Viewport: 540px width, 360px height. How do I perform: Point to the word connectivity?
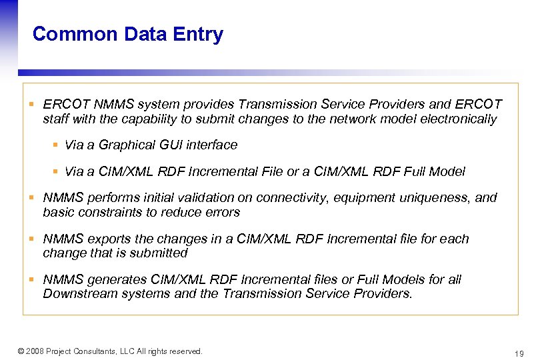click(283, 197)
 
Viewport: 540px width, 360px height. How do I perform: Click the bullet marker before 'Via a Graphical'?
click(56, 145)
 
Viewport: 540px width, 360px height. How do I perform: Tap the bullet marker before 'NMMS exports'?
click(31, 239)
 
